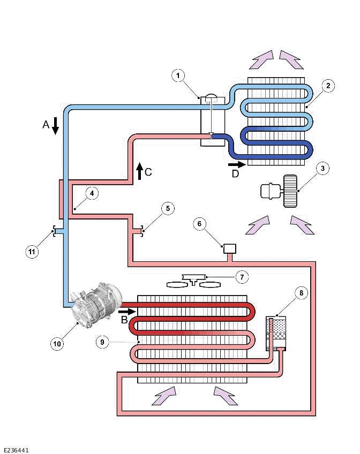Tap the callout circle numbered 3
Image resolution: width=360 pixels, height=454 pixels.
coord(322,168)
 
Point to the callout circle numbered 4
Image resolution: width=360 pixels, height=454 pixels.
coord(92,193)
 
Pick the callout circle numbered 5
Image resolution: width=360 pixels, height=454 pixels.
coord(168,209)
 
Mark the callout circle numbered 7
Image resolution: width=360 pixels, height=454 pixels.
coord(242,277)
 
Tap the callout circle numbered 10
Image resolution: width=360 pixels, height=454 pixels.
coord(57,343)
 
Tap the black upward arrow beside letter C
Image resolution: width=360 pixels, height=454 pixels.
coord(139,170)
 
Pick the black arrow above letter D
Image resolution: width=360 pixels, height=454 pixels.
coord(237,164)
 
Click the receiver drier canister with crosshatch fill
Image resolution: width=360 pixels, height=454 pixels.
coord(276,334)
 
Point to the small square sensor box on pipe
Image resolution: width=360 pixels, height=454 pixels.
coord(230,248)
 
